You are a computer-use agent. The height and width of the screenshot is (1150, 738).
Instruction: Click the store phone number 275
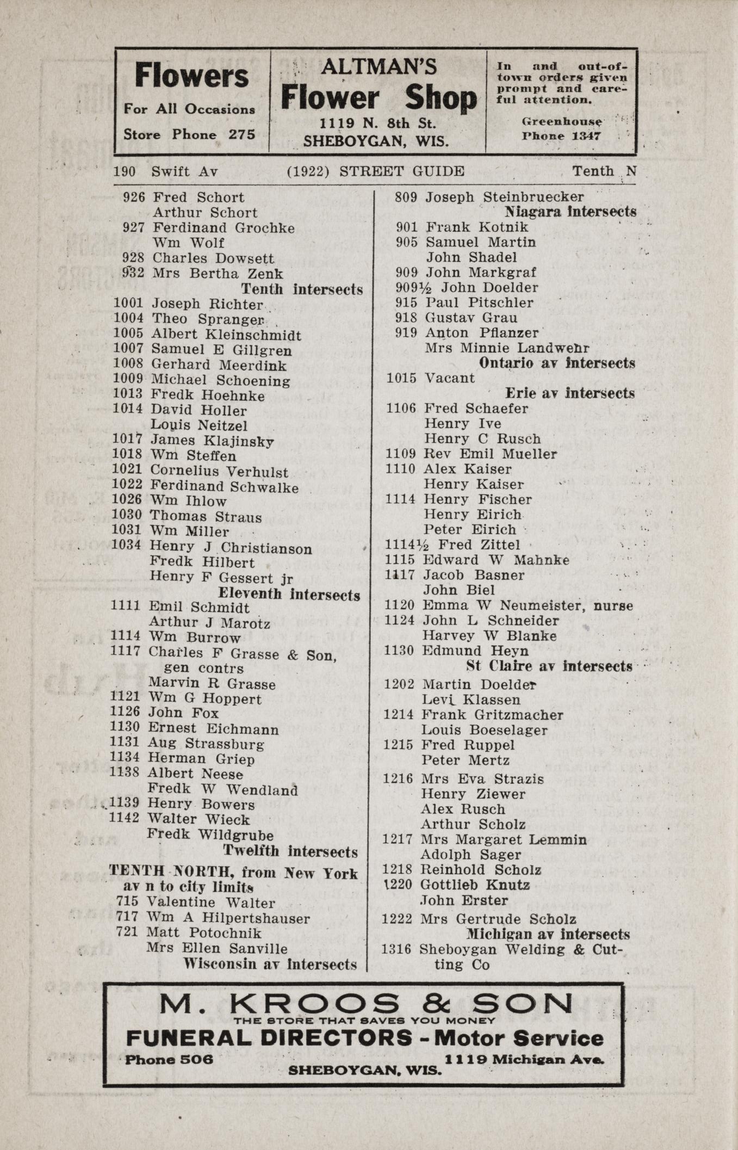coord(241,134)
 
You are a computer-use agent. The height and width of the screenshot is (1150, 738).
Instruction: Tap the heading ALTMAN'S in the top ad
coord(379,67)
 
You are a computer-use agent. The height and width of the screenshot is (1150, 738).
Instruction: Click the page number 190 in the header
coord(125,172)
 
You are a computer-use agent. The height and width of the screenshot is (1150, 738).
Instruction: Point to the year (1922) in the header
coord(308,171)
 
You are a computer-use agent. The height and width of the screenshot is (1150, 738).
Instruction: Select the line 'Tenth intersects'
coord(302,289)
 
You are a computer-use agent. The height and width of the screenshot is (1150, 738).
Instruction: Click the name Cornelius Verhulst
coord(219,471)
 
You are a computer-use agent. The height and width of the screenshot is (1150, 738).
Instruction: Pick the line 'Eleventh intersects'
coord(289,595)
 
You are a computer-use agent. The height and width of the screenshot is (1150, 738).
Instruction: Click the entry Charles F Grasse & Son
coord(243,653)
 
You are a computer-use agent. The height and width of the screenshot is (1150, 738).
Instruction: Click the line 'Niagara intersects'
coord(570,211)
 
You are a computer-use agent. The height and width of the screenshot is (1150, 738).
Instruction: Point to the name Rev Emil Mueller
coord(490,454)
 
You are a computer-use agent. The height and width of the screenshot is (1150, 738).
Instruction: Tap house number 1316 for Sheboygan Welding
coord(399,950)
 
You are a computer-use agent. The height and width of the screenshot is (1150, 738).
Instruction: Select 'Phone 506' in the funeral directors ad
coord(169,1060)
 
